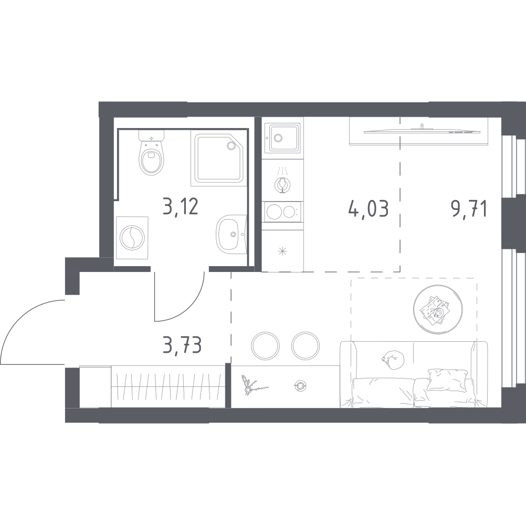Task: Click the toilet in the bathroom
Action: click(151, 156)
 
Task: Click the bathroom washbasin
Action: click(232, 232)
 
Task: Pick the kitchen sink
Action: click(282, 137)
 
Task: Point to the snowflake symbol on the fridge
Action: click(282, 251)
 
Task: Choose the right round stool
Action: click(305, 345)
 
